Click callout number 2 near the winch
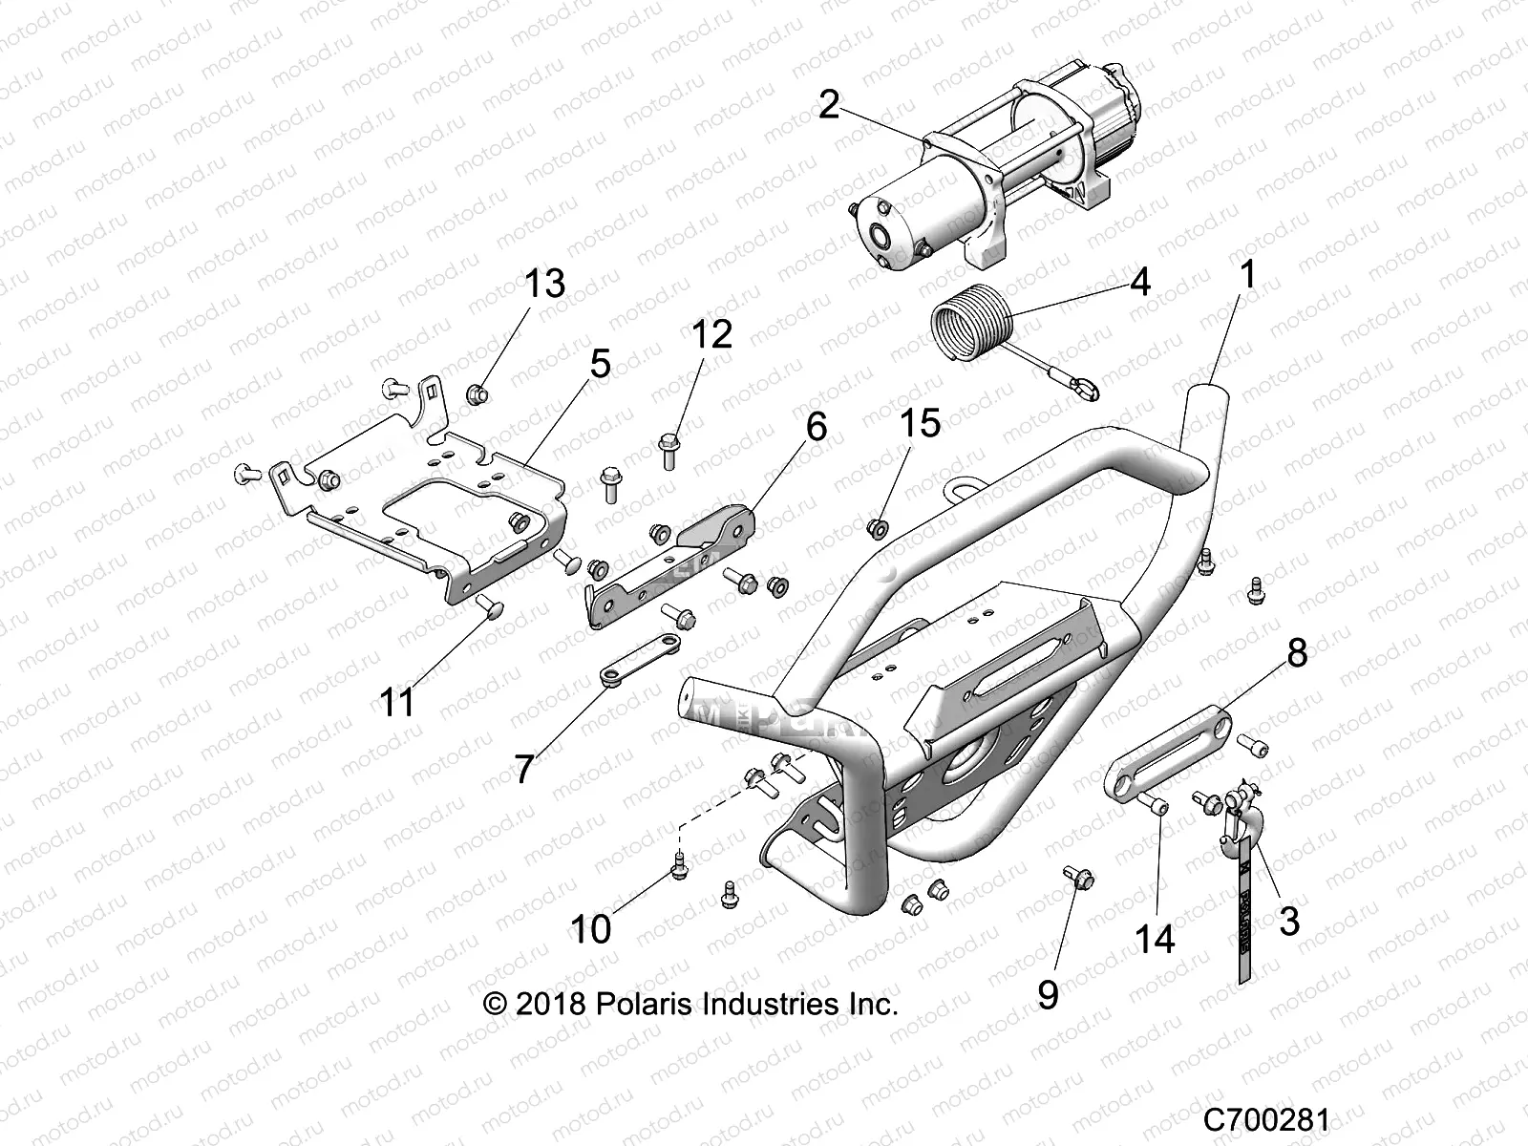click(x=828, y=104)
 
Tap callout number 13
click(x=544, y=284)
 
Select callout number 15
click(x=920, y=422)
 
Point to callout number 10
click(x=590, y=927)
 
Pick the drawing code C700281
click(x=1265, y=1118)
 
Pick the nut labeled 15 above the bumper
click(x=876, y=526)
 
